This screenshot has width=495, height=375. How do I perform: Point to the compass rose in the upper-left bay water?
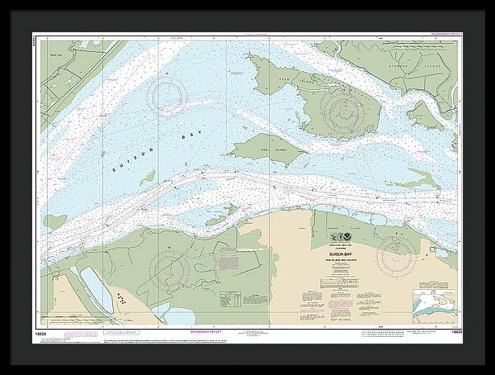click(171, 93)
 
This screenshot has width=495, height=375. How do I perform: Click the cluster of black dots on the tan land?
click(120, 298)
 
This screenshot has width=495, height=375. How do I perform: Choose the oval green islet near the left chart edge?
click(55, 221)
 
